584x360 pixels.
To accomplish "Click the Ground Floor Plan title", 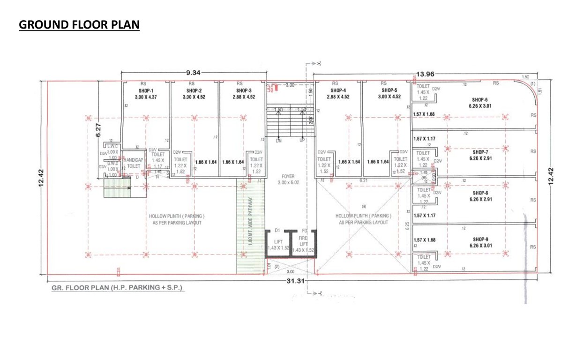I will coord(79,25).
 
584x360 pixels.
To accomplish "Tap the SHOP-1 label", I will coord(146,90).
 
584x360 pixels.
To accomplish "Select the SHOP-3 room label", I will coord(244,90).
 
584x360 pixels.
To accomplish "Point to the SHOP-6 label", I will coord(480,100).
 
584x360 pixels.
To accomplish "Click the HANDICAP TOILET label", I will coord(134,163).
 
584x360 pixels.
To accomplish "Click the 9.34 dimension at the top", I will coord(194,73).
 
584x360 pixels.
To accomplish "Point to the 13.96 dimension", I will coord(426,74).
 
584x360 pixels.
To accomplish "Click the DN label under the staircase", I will coord(278,141).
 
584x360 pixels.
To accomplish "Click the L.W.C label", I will coord(112,146).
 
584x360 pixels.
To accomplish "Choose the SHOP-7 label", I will coord(480,152).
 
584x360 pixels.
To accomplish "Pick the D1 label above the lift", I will coord(277,231).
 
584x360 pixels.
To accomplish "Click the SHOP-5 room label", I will coord(389,90).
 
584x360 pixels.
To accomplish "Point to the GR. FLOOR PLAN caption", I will coord(118,287).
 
